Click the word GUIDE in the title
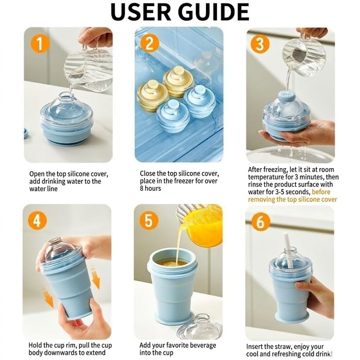pos(213,12)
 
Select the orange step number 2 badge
pos(149,45)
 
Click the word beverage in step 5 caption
pos(201,345)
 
